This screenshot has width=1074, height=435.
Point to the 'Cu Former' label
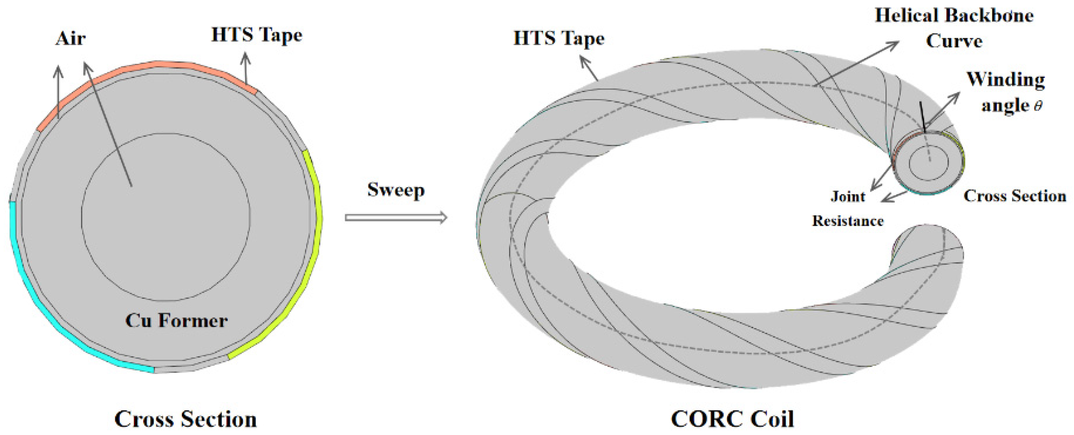pos(177,321)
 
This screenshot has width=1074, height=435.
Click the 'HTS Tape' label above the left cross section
pos(257,35)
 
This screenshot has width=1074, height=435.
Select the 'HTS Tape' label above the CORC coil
pos(559,38)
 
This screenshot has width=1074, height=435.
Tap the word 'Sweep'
pos(396,190)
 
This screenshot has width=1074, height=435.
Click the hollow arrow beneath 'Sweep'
pos(396,217)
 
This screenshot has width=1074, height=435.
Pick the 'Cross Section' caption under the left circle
pos(186,419)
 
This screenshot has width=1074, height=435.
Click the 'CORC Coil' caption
pos(732,419)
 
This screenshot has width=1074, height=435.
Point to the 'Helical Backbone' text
pos(954,16)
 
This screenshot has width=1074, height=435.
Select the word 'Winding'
pos(1006,79)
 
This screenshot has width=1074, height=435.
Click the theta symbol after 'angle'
pos(1038,106)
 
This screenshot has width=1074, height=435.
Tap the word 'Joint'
pos(848,196)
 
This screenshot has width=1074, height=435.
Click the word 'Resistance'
pos(848,220)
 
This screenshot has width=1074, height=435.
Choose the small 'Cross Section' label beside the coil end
pos(1015,196)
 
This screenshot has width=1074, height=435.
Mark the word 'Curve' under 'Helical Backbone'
pos(954,41)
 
